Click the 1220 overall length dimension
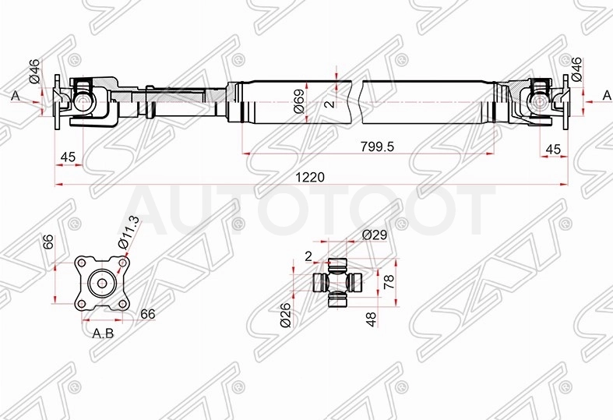[x=310, y=177]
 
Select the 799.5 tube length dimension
[x=377, y=146]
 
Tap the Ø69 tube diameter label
[x=299, y=101]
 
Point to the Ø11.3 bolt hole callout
[x=129, y=232]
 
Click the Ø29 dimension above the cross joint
[x=375, y=235]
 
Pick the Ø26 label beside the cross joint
[x=285, y=315]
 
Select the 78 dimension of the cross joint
[x=389, y=281]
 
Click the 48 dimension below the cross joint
[x=372, y=319]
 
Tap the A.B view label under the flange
[x=104, y=334]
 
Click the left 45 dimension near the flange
[x=68, y=157]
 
